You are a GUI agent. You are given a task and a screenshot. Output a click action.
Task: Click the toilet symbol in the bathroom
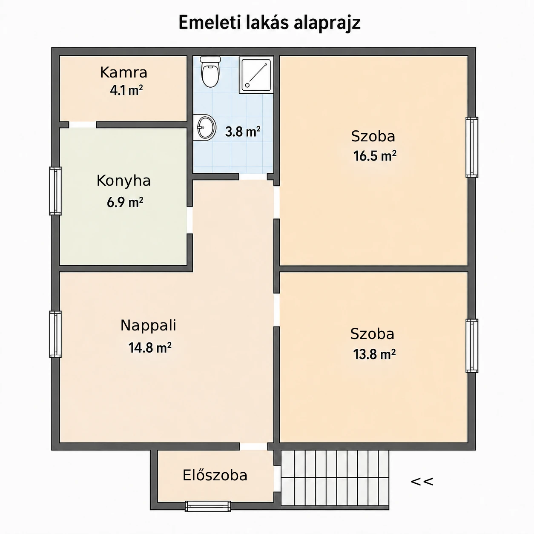pyautogui.click(x=210, y=72)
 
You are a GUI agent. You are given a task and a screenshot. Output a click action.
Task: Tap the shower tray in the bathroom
pyautogui.click(x=256, y=75)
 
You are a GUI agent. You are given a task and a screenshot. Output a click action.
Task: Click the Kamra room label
pyautogui.click(x=123, y=72)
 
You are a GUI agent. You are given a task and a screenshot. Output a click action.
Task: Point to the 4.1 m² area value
pyautogui.click(x=126, y=90)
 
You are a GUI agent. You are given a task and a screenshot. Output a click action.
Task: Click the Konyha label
pyautogui.click(x=123, y=181)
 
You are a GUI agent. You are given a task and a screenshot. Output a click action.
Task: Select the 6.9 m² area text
pyautogui.click(x=125, y=202)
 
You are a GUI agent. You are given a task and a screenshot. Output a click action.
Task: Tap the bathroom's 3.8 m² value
pyautogui.click(x=243, y=132)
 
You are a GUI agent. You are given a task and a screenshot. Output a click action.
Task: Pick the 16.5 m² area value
pyautogui.click(x=375, y=156)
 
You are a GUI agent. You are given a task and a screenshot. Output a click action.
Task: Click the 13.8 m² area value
pyautogui.click(x=374, y=354)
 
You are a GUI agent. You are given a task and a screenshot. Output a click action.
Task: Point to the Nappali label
pyautogui.click(x=148, y=325)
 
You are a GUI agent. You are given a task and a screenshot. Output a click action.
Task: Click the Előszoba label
pyautogui.click(x=215, y=475)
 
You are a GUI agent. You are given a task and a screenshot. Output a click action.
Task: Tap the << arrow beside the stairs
pyautogui.click(x=422, y=482)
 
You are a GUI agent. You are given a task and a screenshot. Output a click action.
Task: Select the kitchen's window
pyautogui.click(x=55, y=191)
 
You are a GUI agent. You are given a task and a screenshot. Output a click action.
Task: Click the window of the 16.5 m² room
pyautogui.click(x=472, y=147)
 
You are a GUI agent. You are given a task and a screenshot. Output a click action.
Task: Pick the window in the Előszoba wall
pyautogui.click(x=208, y=506)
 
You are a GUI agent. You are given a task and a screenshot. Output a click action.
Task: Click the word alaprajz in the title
pyautogui.click(x=327, y=23)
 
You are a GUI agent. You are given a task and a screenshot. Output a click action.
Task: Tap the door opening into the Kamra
pyautogui.click(x=83, y=125)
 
